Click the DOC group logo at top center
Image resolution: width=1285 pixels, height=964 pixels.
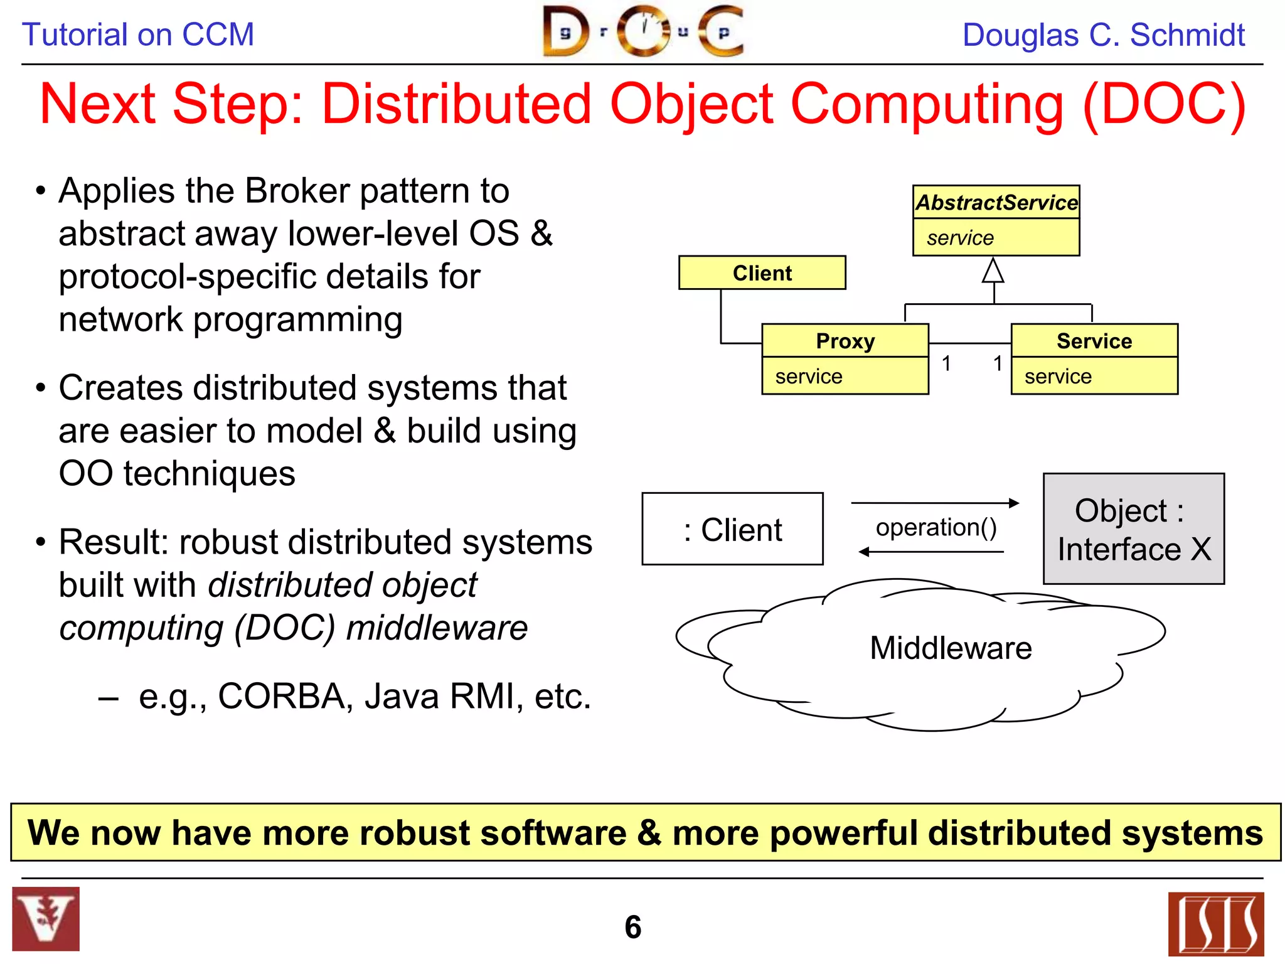point(643,31)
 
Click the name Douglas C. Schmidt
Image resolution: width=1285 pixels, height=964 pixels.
point(1103,35)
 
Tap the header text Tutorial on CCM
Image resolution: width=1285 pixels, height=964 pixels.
point(138,35)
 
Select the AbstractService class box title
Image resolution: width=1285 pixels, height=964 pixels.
point(996,203)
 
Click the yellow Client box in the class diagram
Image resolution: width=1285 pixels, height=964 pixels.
point(762,273)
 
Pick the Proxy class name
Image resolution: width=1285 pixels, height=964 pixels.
point(845,341)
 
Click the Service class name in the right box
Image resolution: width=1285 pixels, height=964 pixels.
point(1094,341)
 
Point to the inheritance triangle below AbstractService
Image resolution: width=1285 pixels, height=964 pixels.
point(993,271)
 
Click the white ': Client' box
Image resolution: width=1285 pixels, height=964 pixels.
point(732,529)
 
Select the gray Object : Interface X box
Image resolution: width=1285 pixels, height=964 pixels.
point(1133,529)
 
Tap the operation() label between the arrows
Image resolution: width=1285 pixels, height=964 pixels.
point(936,527)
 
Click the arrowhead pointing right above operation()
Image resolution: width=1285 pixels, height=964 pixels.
point(1013,503)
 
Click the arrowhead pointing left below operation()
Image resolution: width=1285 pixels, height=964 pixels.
point(865,552)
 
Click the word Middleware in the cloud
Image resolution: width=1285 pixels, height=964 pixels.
point(950,648)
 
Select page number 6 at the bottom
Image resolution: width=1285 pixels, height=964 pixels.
point(632,927)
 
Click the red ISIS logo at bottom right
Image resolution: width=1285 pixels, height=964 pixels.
point(1215,924)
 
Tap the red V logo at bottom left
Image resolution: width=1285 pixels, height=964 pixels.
point(46,919)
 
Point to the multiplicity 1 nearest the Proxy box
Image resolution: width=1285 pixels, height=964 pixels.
point(946,363)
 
